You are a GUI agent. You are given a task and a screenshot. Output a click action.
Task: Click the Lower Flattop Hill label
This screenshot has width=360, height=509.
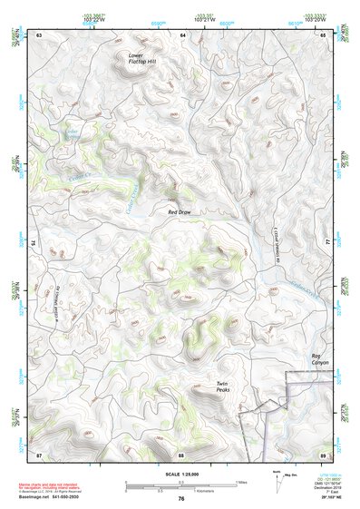[141, 58]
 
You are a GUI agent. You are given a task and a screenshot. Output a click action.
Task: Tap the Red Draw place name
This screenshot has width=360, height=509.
[180, 211]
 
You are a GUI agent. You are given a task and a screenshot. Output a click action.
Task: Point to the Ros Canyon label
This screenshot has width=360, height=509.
[321, 358]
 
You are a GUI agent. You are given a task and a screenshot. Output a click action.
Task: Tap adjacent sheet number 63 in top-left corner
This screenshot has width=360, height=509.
[39, 34]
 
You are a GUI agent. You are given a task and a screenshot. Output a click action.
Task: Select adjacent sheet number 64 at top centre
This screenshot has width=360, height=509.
[181, 34]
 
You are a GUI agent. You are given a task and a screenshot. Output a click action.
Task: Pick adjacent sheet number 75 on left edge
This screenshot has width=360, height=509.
[34, 243]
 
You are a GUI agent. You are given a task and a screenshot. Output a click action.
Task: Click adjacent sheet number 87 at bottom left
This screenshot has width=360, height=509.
[39, 453]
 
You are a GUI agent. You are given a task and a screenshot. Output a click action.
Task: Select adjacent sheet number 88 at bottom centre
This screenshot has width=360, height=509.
[181, 453]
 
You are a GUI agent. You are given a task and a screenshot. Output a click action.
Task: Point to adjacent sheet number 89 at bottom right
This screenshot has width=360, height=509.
[323, 453]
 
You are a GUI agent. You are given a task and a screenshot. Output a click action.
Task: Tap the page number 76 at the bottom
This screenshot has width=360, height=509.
[181, 498]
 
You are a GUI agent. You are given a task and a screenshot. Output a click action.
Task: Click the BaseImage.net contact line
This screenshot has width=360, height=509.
[54, 498]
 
